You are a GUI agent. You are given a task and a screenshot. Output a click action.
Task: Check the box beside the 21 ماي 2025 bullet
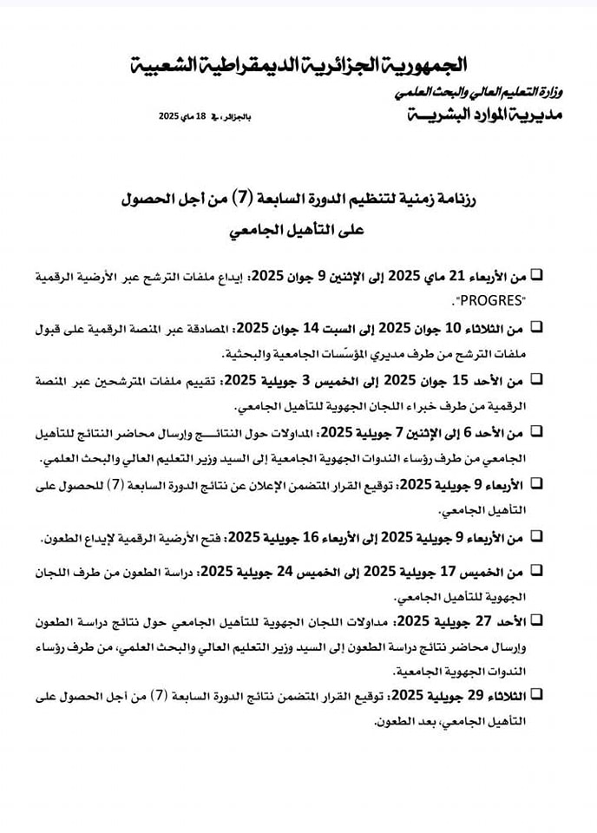pyautogui.click(x=536, y=276)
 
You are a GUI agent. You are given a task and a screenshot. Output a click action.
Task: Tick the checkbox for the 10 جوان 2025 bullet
pyautogui.click(x=536, y=327)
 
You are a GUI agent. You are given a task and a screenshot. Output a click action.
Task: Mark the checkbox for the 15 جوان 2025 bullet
pyautogui.click(x=536, y=379)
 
